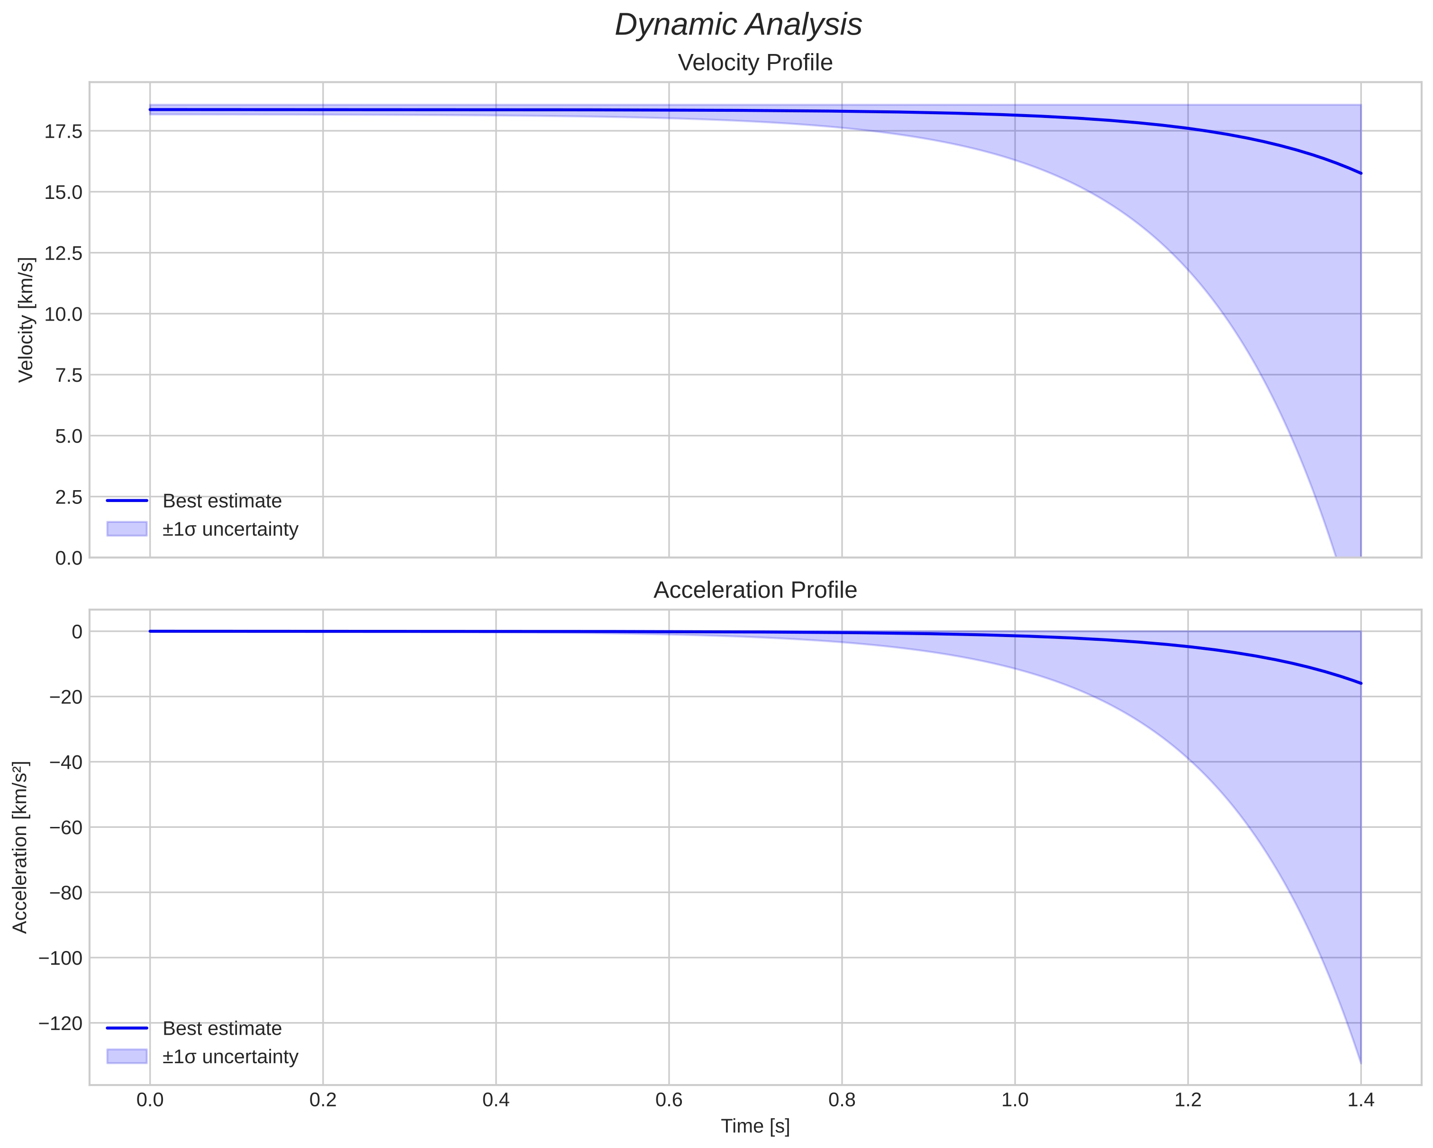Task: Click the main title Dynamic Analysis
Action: [738, 25]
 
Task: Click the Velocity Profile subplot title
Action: [754, 63]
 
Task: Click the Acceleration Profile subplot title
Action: [754, 590]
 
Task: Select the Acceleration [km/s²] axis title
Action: [20, 847]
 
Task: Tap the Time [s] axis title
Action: [755, 1126]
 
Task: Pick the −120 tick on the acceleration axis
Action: [61, 1023]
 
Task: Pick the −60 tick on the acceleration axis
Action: [65, 827]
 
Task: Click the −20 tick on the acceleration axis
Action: [65, 697]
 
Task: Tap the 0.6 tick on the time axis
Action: [669, 1100]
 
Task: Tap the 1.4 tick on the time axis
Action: [1360, 1100]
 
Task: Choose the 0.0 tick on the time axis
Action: [150, 1100]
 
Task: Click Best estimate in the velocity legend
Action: [222, 501]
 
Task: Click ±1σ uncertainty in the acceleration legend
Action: [230, 1057]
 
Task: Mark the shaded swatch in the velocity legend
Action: [126, 529]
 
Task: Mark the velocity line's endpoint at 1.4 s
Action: [1360, 173]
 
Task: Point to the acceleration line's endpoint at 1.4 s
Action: [1360, 683]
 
